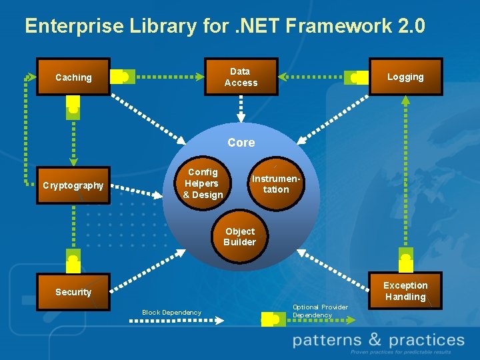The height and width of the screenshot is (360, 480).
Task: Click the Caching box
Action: tap(73, 77)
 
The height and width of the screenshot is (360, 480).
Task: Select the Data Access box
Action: tap(241, 77)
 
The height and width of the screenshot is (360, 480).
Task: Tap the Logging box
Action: tap(405, 77)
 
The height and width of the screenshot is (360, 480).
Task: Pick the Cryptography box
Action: tap(73, 185)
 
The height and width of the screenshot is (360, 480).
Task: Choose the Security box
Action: tap(73, 292)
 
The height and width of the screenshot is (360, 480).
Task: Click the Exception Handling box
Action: tap(405, 291)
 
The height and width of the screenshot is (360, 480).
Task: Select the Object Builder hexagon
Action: tap(239, 237)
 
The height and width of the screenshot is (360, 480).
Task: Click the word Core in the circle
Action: tap(241, 143)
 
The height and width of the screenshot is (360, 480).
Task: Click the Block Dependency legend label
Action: tap(171, 312)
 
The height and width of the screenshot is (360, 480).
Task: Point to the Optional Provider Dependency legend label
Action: tap(320, 311)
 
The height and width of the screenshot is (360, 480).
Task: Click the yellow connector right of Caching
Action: tap(121, 77)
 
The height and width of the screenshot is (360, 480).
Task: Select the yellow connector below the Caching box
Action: tap(73, 107)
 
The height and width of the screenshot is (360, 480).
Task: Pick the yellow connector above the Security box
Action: tap(73, 257)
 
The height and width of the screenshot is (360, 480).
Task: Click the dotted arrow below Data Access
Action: tap(241, 110)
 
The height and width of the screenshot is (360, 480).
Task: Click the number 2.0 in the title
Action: tap(406, 26)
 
